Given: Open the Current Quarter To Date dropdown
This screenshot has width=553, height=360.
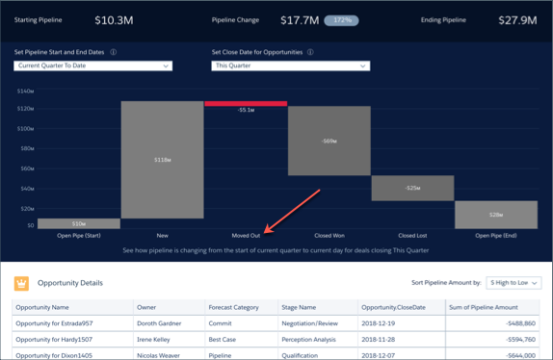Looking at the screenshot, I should point(93,65).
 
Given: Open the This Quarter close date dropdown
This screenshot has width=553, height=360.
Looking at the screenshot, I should point(290,65).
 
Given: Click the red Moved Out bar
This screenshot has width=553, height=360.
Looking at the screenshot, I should point(246,103).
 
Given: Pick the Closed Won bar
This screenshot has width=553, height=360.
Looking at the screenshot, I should point(329,141).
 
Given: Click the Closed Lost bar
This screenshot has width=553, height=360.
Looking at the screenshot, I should point(412,188).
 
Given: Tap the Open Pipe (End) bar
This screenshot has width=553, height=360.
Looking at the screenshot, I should point(495,214).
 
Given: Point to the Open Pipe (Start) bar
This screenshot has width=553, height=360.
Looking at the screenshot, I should point(79,223).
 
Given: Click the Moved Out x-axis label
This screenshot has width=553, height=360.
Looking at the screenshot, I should point(246,235).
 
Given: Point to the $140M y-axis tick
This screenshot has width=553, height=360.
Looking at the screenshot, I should point(25,90).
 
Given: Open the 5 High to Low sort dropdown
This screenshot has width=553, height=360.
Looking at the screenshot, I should point(513,283).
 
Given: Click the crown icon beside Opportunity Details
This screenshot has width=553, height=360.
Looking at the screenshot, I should point(21,283).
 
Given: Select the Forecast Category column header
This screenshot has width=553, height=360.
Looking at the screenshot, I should point(233,307).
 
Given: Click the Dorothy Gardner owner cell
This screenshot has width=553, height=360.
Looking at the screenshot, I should point(159,323).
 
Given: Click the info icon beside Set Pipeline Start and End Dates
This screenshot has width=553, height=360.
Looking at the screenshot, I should point(114,52).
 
